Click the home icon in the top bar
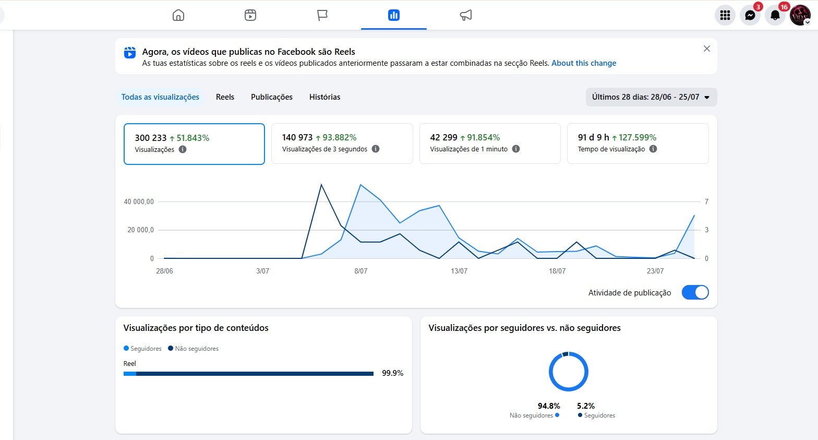[x=178, y=15]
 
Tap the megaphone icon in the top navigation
[x=465, y=15]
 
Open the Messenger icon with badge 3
[x=750, y=15]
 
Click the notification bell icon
[x=775, y=15]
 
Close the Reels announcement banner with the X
[x=706, y=49]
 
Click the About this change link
[x=584, y=63]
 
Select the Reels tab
[x=225, y=97]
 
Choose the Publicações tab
[x=272, y=97]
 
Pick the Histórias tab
[x=324, y=97]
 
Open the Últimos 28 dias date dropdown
[x=651, y=97]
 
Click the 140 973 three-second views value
[x=297, y=137]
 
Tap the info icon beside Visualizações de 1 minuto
[x=515, y=149]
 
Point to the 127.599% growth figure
[x=637, y=137]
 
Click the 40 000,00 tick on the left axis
[x=139, y=201]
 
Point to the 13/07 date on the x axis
[x=459, y=271]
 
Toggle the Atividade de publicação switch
[x=695, y=292]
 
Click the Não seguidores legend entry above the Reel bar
[x=193, y=348]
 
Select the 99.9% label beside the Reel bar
[x=392, y=373]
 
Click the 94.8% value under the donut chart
[x=549, y=406]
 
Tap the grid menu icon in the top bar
[x=725, y=15]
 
